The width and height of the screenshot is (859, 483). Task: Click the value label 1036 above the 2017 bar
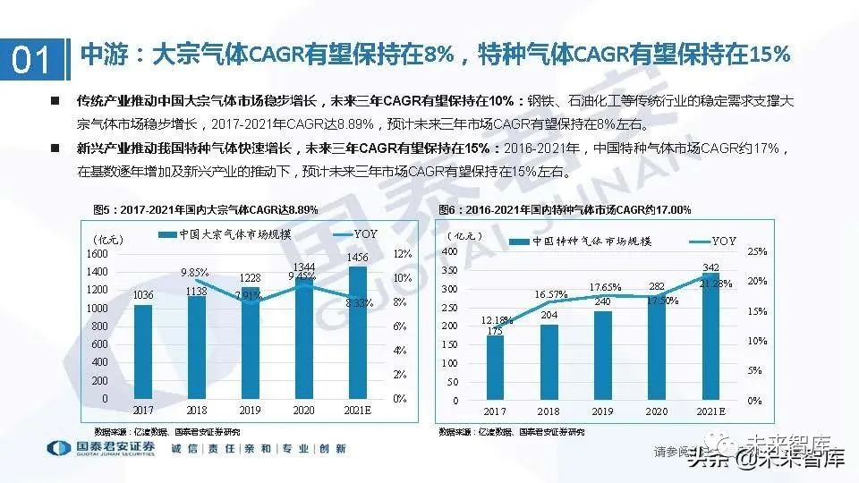143,294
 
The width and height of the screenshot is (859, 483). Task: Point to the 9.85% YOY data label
194,272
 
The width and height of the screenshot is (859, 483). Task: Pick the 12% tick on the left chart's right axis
402,254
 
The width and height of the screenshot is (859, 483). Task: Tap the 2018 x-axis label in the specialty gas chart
549,411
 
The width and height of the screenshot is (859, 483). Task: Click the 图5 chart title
206,209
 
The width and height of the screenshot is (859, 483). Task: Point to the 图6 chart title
565,209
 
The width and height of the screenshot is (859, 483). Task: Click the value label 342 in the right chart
708,268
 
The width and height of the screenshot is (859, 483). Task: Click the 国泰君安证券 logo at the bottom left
98,448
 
